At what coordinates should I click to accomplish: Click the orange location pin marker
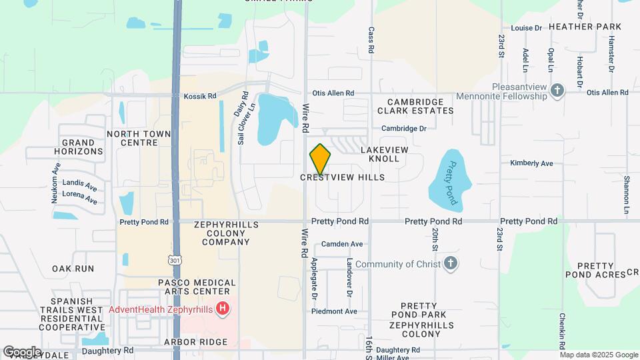point(320,159)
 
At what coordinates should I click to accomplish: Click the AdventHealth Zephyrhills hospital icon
point(223,309)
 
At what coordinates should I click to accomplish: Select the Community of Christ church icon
point(451,263)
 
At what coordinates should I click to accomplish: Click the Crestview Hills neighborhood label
point(343,177)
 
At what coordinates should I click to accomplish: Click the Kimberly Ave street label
point(531,163)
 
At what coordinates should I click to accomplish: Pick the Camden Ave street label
point(342,244)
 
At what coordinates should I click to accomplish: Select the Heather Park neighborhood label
point(585,27)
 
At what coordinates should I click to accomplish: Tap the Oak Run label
point(73,268)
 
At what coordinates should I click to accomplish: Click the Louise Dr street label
point(527,28)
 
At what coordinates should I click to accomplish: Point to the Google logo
point(22,351)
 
